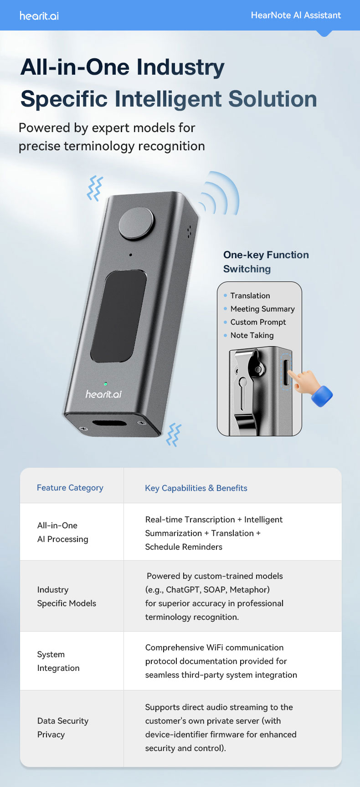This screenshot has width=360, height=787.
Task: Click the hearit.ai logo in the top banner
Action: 39,15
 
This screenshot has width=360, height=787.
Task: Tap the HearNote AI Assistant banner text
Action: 296,15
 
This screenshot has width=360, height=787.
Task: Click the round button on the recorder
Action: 136,223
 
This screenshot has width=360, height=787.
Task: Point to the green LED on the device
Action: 106,384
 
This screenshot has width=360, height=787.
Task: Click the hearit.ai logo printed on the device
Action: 103,394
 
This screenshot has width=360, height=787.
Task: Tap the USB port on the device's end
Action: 109,424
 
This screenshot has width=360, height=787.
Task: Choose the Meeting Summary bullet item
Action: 259,309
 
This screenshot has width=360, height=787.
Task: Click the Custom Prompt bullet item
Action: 255,322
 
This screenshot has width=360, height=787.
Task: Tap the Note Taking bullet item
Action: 249,335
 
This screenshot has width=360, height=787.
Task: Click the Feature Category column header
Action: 70,488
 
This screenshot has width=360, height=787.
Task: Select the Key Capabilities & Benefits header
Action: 196,488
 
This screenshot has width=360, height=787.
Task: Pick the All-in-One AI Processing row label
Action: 63,532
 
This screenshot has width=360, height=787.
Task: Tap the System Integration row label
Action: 58,661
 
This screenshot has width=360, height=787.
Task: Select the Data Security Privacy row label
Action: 63,728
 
